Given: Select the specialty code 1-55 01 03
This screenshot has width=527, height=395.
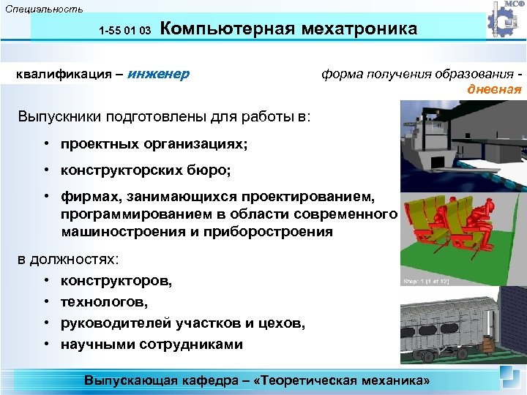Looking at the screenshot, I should click(x=124, y=31).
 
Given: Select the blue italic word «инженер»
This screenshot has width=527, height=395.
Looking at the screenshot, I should click(x=158, y=74).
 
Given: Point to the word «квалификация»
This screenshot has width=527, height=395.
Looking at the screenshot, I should click(x=63, y=74).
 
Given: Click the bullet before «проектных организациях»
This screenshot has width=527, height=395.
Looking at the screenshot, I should click(x=45, y=144).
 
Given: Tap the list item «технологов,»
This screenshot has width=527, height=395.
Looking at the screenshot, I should click(x=107, y=301).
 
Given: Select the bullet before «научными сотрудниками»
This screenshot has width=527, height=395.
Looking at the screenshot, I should click(x=45, y=344).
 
